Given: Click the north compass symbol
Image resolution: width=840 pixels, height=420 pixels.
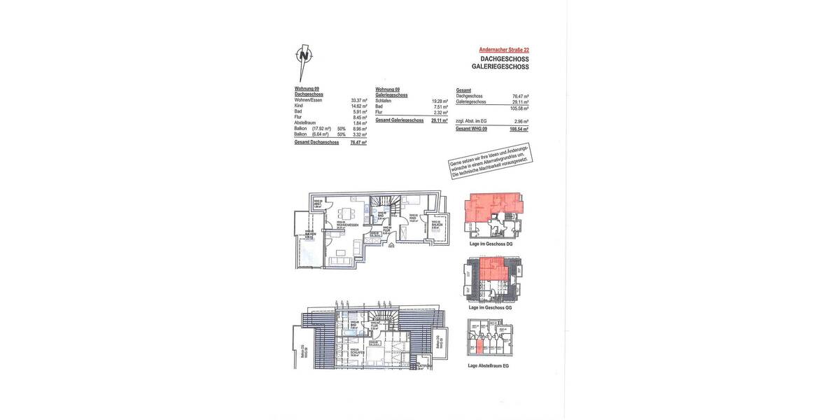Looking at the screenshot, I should point(302,59).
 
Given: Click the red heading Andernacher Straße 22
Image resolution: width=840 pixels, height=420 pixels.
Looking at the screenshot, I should point(504,50).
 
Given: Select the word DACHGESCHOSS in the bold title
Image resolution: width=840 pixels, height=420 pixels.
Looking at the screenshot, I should point(505,59).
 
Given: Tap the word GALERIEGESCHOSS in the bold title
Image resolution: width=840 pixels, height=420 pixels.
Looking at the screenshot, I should point(500,66).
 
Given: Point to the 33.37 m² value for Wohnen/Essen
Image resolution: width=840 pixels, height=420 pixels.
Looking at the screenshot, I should point(359,100).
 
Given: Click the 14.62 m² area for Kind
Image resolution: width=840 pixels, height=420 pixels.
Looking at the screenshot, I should point(359,106).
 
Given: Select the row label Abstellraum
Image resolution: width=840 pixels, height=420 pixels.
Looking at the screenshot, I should point(305,122).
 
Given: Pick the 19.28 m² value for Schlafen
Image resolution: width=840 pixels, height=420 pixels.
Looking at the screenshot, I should point(440,101).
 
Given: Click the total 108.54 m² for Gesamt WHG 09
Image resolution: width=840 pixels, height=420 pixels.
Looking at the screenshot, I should point(519,129).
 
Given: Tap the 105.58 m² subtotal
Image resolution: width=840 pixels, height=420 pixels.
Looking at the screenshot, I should point(519,108).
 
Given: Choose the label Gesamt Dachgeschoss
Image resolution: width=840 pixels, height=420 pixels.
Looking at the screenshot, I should point(316,142).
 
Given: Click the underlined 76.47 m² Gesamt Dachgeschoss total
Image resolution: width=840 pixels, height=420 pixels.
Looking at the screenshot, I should point(359,142).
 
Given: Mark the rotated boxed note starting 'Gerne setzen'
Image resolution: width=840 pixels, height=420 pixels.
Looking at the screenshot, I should point(490,161).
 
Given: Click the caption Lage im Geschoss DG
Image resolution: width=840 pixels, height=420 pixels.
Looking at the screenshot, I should point(491,244).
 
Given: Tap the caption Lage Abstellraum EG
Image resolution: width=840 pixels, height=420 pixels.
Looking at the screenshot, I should point(489,365).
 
